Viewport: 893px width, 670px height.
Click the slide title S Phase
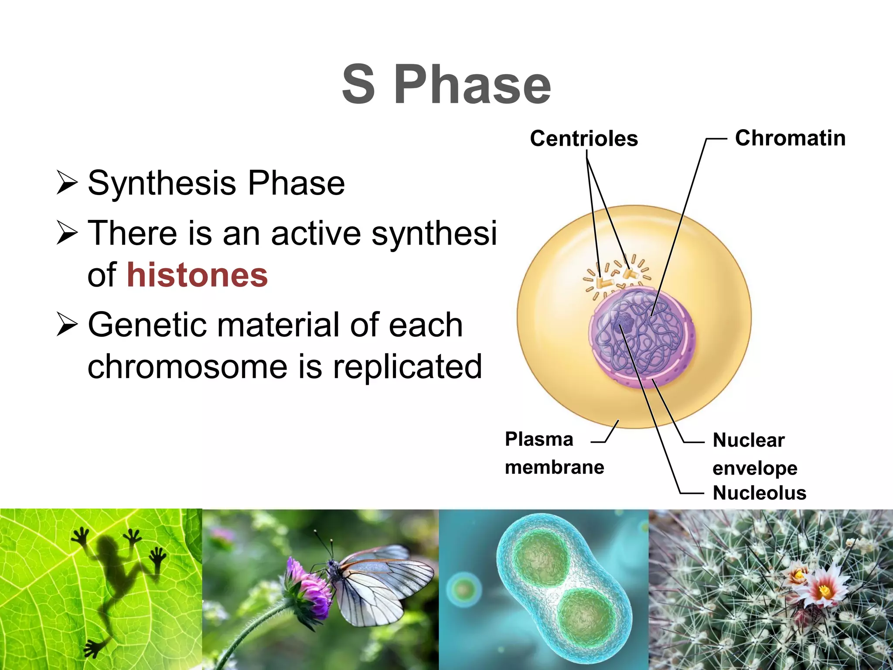click(x=446, y=84)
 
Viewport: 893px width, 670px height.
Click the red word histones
click(x=197, y=275)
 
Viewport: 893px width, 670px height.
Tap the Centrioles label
click(x=583, y=139)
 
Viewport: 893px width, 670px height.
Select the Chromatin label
click(x=790, y=138)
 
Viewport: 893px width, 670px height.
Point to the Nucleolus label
click(x=759, y=493)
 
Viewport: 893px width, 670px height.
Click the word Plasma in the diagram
click(x=539, y=439)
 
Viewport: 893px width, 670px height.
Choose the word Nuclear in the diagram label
click(x=748, y=440)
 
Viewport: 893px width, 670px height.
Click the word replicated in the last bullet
click(x=407, y=366)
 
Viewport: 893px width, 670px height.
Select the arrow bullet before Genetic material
click(x=67, y=325)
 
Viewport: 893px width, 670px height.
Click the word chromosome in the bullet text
click(x=187, y=366)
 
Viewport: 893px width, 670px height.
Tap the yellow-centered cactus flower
click(x=824, y=591)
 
